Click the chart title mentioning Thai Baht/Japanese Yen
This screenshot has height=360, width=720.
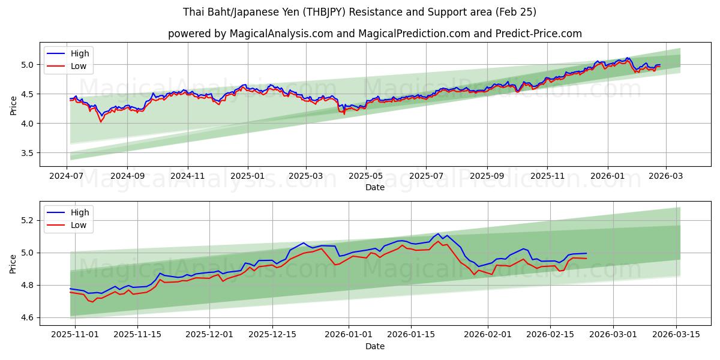tap(360, 12)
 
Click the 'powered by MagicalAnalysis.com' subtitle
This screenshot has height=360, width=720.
tap(374, 34)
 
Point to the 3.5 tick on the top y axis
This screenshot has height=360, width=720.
tap(28, 153)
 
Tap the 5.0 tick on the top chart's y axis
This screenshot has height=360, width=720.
tap(28, 65)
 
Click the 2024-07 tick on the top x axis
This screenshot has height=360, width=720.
tap(67, 176)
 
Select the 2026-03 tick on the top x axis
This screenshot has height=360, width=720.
tap(665, 176)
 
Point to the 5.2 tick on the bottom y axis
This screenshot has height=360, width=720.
tap(28, 220)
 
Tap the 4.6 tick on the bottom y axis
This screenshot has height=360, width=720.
tap(28, 317)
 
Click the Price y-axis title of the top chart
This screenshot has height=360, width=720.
tap(13, 105)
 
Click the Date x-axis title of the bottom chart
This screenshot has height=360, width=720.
tap(374, 346)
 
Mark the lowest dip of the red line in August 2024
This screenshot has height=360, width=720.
tap(101, 122)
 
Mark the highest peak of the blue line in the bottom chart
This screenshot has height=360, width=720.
tap(438, 233)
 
